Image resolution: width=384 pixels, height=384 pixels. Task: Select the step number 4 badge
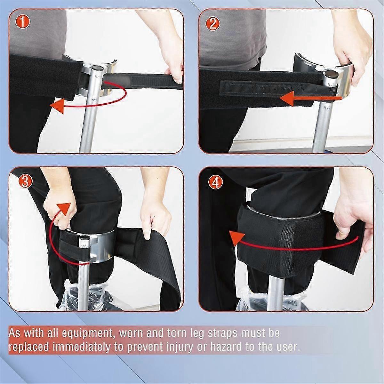click(x=213, y=182)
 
